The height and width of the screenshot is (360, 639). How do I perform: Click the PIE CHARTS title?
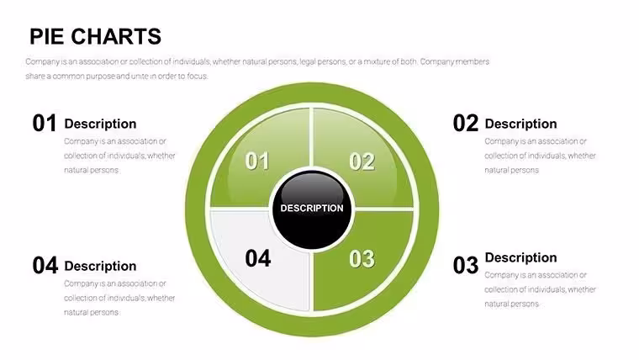[95, 36]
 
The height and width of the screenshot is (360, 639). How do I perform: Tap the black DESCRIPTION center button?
[312, 209]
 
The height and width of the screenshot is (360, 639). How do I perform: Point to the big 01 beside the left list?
[44, 123]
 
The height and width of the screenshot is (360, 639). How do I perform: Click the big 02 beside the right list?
[465, 123]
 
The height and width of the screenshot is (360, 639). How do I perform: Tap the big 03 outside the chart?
[465, 265]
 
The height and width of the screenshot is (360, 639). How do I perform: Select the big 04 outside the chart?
[45, 266]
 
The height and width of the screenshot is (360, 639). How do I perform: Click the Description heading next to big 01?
[100, 124]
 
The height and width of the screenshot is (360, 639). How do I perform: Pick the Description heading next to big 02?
[520, 124]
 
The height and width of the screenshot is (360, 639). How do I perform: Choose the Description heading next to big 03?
[520, 257]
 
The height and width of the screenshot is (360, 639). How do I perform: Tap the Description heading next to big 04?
[100, 267]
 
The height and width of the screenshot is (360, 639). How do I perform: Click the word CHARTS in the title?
[116, 36]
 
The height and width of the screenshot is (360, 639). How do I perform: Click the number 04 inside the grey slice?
[258, 258]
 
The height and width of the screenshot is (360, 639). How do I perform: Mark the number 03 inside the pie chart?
[362, 259]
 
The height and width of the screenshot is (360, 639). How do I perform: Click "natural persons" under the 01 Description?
[91, 171]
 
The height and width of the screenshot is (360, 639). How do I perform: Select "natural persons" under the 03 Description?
[511, 304]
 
